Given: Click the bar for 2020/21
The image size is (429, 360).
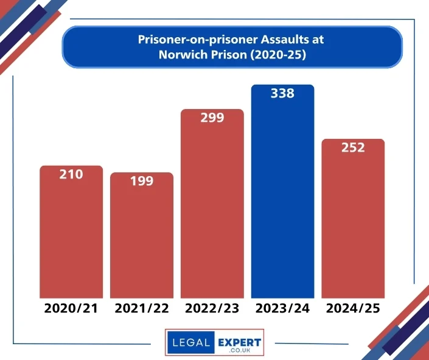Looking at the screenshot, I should point(71,238).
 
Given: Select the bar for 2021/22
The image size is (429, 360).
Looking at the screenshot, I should point(142,241).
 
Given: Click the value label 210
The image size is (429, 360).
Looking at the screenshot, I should point(71,174).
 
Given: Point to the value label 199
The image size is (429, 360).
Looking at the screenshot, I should point(142,181).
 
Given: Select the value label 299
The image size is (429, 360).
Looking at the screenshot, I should point(212,118).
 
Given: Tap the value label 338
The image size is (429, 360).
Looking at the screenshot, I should point(283,93).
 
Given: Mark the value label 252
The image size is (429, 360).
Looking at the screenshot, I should point(353,147).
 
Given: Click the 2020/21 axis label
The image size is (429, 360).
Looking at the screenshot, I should point(71,308).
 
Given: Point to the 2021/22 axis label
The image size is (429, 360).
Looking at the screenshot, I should point(142,308).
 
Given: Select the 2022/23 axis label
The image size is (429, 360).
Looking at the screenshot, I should point(212,308).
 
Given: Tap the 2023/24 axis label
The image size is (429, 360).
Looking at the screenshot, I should point(283,308).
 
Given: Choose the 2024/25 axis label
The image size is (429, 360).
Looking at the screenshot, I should point(353,308).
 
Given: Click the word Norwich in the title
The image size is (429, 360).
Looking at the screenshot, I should point(180,54).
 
